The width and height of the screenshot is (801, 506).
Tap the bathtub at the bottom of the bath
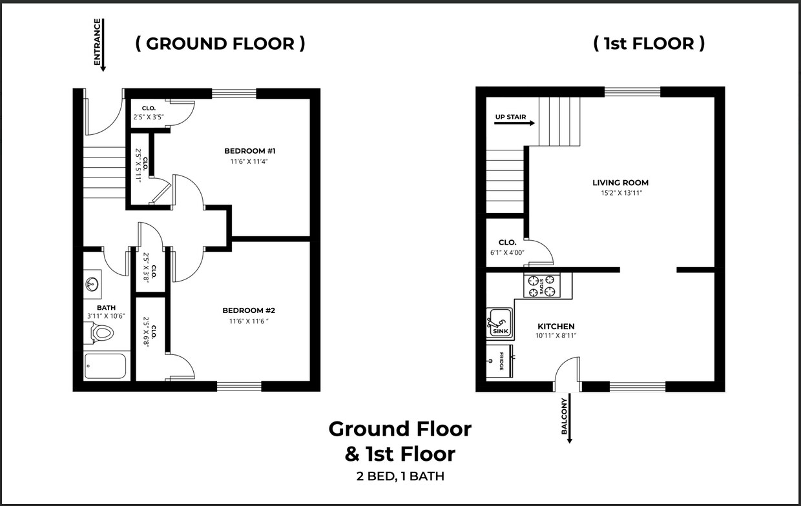coord(105,366)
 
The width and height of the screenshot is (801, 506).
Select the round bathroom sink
coord(91,283)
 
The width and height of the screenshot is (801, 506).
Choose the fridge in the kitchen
coord(499,360)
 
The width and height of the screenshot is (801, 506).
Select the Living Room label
coord(620,183)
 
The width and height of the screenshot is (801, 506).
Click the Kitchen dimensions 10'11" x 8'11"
coord(556,336)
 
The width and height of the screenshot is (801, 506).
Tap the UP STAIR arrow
coord(515,122)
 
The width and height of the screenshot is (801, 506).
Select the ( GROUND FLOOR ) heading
coord(220,43)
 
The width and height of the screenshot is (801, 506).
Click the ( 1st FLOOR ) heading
coord(649,43)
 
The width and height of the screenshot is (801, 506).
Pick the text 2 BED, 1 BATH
coord(400,477)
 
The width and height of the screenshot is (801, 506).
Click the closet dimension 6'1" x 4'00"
coord(507,253)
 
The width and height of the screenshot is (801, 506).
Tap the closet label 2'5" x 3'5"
coord(149,117)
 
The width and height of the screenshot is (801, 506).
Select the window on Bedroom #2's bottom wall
coord(239,386)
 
